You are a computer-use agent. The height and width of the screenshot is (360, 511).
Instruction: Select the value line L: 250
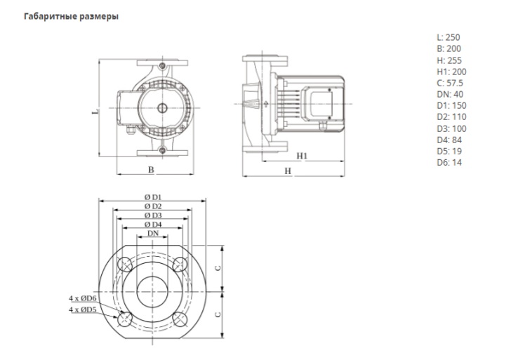click(449, 37)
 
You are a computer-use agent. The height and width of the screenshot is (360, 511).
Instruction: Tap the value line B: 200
click(449, 48)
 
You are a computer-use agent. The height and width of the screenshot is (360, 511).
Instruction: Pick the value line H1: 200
click(451, 72)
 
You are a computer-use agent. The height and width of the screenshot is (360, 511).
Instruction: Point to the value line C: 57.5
click(450, 83)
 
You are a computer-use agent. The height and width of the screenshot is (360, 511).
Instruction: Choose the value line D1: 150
click(451, 105)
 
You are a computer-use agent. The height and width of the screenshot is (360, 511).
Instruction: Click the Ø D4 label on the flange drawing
click(152, 223)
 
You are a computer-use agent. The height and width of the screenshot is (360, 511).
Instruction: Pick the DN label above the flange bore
click(152, 232)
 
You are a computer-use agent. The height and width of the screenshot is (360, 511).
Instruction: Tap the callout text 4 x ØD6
click(83, 299)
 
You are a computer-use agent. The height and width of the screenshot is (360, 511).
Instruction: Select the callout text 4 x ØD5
click(83, 309)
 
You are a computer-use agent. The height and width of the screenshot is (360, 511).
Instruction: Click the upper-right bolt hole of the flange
click(180, 265)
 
